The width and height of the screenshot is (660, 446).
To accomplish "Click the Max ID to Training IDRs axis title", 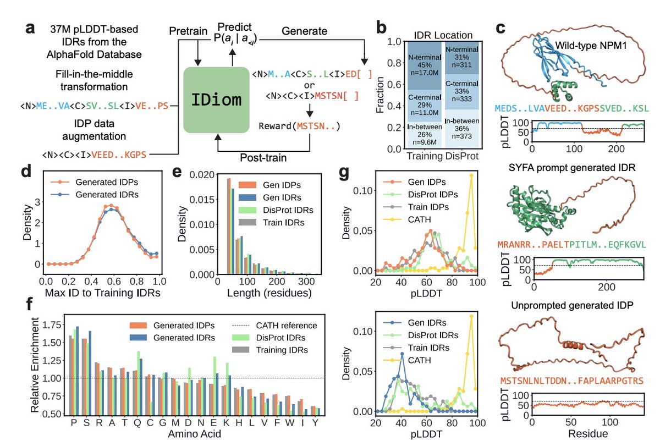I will click(100, 293).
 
